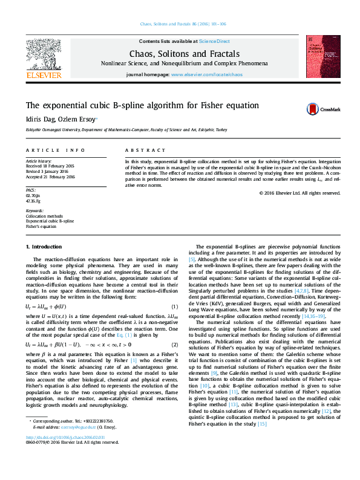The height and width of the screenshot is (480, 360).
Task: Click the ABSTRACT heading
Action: (145, 150)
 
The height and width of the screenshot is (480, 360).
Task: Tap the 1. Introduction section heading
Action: (44, 247)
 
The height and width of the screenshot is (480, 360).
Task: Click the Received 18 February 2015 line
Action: (50, 165)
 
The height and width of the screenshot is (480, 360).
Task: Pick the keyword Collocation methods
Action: (44, 215)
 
